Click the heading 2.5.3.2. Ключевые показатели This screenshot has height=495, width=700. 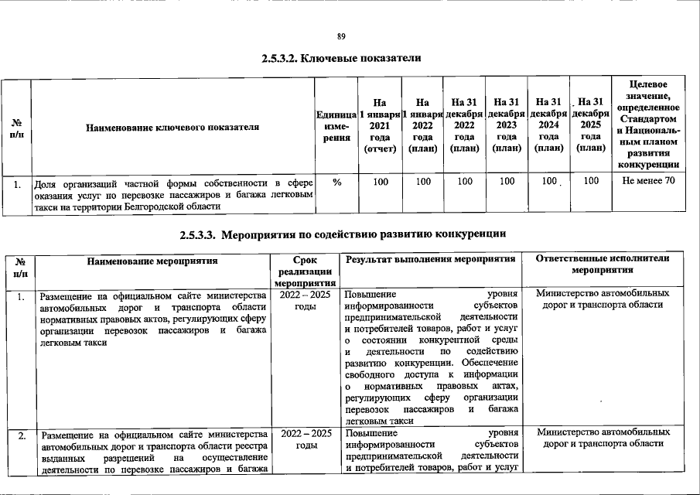click(x=341, y=59)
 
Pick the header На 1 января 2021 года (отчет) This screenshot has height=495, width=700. click(x=379, y=125)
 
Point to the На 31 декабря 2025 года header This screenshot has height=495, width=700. click(x=591, y=125)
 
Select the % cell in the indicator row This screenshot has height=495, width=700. click(x=336, y=183)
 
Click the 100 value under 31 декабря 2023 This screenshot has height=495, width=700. click(x=507, y=183)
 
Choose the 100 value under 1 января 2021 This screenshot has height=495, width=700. click(x=380, y=183)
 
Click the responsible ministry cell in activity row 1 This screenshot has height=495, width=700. click(x=603, y=299)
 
